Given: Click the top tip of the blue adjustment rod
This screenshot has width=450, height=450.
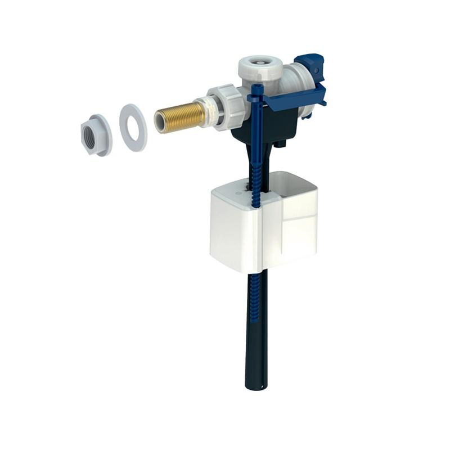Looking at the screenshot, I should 256,87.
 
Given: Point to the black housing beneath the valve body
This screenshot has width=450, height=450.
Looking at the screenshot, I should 264,127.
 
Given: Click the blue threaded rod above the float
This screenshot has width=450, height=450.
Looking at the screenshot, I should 256,169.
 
